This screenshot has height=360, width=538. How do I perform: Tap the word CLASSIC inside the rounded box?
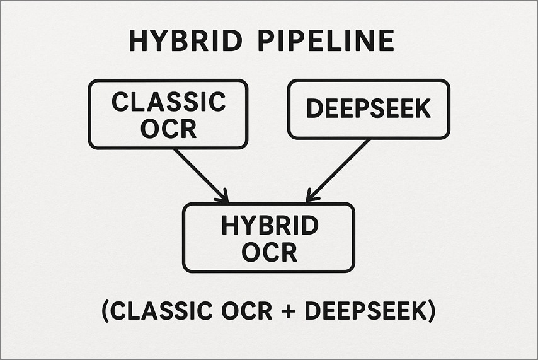tap(168, 102)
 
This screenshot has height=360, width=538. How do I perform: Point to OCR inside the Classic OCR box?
tap(168, 129)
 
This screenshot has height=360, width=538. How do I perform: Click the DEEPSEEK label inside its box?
tap(369, 109)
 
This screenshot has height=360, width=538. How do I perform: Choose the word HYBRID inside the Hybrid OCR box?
tap(269, 226)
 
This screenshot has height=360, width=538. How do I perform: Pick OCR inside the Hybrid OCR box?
tap(269, 253)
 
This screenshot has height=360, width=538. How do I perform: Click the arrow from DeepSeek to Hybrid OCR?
tap(338, 170)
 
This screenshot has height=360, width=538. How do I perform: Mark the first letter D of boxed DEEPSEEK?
tap(313, 109)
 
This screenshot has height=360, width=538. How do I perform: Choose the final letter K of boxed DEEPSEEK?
tap(423, 109)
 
